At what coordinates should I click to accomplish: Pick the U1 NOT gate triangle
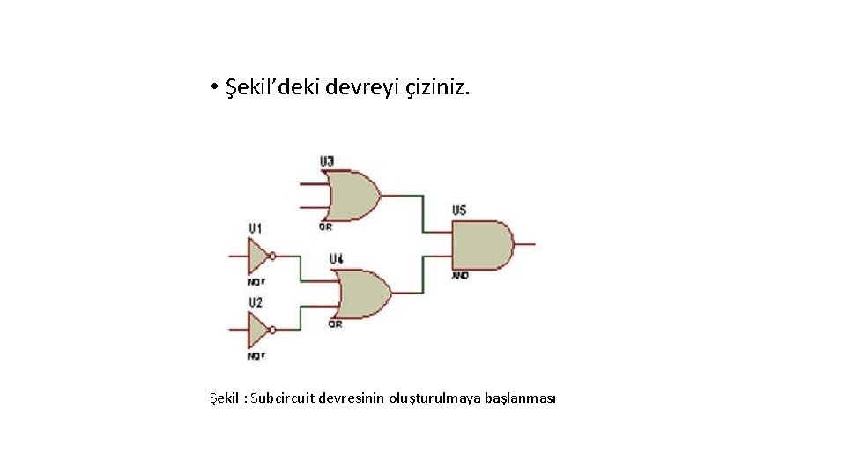(x=257, y=257)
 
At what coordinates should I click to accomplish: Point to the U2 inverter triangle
(x=257, y=331)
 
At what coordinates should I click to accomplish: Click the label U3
(x=326, y=161)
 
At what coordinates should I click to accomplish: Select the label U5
(x=459, y=211)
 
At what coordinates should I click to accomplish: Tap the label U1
(x=255, y=229)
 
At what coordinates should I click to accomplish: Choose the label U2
(x=255, y=303)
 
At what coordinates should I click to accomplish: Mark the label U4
(x=336, y=259)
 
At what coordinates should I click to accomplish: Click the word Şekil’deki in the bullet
(x=272, y=87)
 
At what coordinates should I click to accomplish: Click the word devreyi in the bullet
(x=362, y=87)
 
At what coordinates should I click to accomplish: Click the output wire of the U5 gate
(x=525, y=245)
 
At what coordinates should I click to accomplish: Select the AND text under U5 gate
(x=460, y=276)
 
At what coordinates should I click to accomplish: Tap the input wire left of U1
(x=237, y=257)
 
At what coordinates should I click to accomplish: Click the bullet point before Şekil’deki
(x=214, y=88)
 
